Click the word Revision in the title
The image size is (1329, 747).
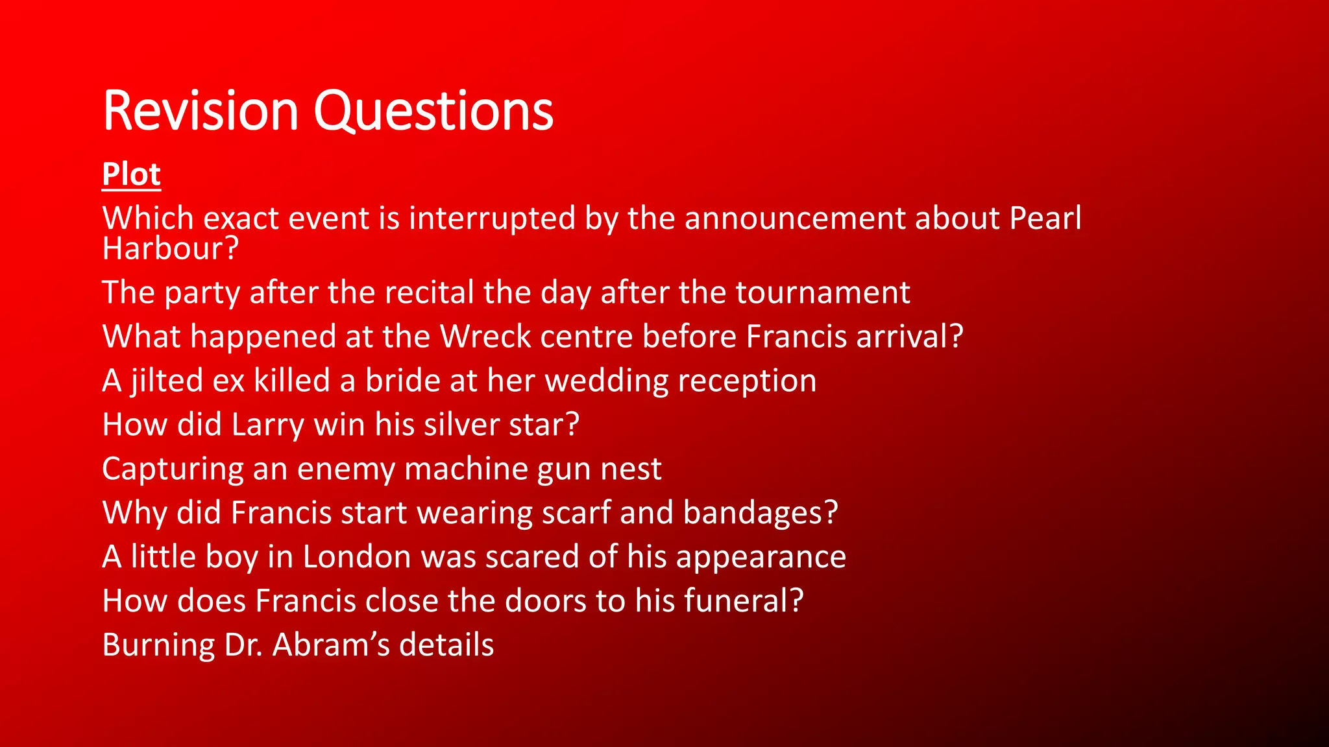click(200, 111)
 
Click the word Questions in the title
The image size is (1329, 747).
click(433, 111)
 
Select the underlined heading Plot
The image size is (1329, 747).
click(131, 174)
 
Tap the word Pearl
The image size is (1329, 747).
click(1045, 218)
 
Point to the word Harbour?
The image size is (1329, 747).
click(170, 248)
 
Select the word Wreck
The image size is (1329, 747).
click(485, 337)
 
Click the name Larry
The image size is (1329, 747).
click(267, 425)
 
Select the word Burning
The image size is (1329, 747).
click(158, 645)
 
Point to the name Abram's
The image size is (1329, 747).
click(331, 645)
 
